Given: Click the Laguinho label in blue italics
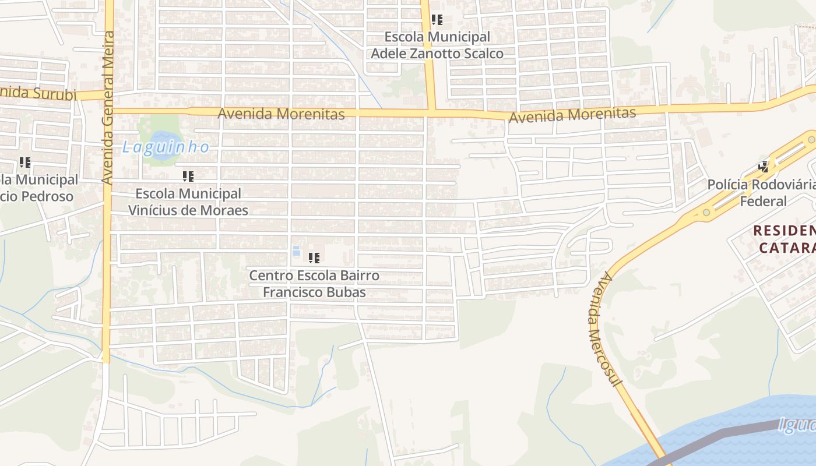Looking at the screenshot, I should (166, 147).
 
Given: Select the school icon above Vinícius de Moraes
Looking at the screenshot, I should (188, 176).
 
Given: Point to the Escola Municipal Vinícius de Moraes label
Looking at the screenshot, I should (188, 202).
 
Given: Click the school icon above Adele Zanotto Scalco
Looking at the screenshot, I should (437, 20).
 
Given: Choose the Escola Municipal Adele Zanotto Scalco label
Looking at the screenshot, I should (437, 45).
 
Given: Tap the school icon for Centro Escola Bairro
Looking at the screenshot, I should (314, 257).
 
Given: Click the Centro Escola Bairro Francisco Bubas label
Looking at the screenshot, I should (314, 284).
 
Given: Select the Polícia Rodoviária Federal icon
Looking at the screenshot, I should (763, 167).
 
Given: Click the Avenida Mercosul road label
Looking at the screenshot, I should (605, 329).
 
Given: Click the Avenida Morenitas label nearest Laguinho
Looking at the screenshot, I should (281, 114).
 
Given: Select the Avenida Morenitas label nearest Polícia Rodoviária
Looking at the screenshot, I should (572, 115).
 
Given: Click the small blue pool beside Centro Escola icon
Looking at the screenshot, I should (296, 251).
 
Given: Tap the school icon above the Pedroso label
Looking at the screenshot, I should (24, 163).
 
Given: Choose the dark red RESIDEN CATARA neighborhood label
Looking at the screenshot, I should (784, 239).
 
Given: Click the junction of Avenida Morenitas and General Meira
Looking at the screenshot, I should (108, 110).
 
